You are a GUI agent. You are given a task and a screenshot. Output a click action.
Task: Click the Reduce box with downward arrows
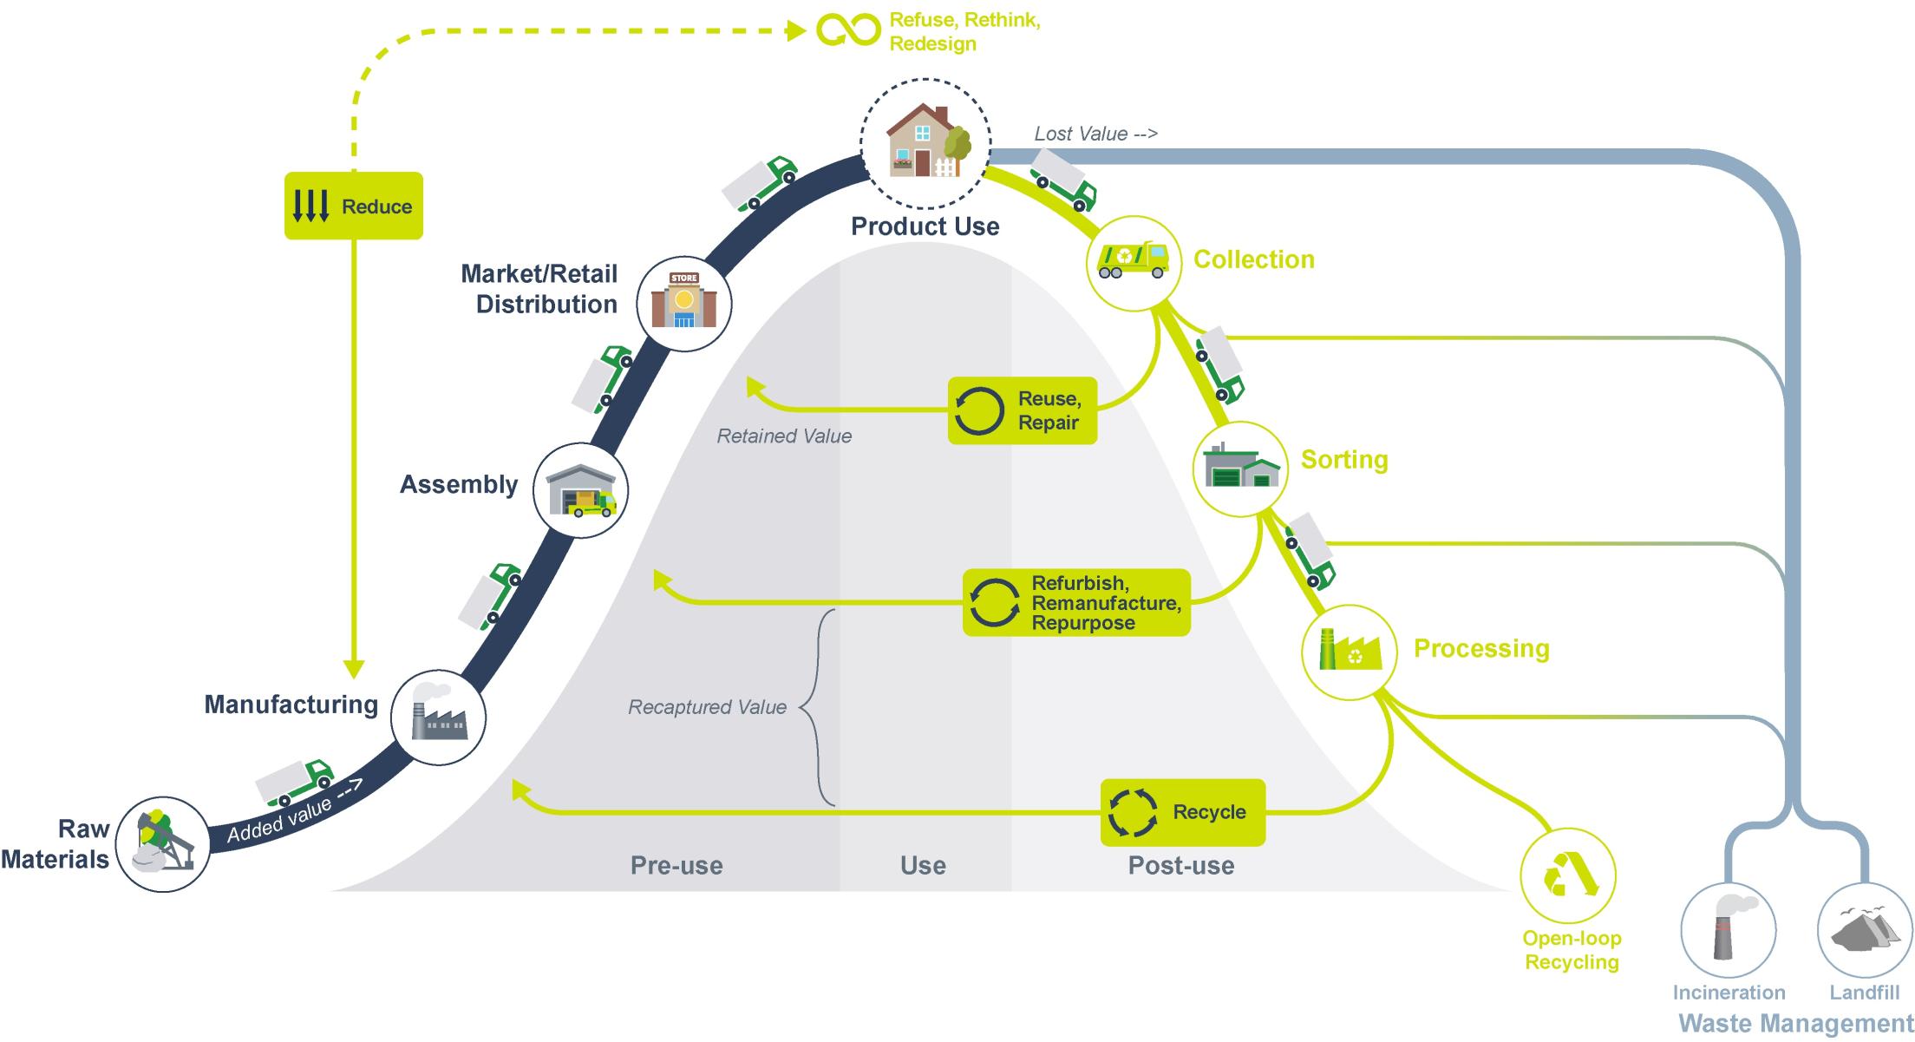point(353,206)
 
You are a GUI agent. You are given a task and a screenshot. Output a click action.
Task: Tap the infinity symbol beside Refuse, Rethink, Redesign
point(847,30)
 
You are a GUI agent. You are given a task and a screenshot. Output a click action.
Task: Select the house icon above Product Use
point(925,142)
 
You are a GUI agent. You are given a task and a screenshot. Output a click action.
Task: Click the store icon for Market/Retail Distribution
point(684,302)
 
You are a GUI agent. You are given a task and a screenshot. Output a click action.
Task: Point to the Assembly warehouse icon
point(580,491)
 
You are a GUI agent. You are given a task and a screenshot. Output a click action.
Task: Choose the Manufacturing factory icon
point(438,718)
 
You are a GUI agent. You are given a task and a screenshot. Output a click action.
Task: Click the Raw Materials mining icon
point(162,844)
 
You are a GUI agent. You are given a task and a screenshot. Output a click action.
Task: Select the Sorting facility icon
point(1240,469)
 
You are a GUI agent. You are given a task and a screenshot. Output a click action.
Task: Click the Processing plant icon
point(1349,652)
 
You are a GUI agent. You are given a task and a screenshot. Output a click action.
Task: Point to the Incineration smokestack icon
point(1728,929)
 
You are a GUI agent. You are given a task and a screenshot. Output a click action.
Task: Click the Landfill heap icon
point(1864,929)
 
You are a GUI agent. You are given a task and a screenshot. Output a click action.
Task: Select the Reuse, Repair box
point(1022,410)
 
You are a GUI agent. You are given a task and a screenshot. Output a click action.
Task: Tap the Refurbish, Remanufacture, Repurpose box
point(1076,602)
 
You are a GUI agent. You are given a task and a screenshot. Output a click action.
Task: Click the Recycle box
point(1182,812)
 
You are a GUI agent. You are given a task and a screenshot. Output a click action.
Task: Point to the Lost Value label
point(1095,134)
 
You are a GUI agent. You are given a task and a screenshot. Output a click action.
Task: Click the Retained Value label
point(784,436)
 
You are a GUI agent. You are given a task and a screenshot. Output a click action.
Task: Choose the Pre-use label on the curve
point(676,865)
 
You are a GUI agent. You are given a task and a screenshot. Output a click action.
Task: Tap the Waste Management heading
point(1795,1024)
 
